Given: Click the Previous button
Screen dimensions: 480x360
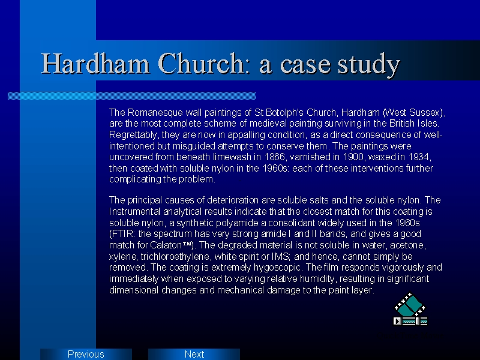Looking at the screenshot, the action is [x=86, y=354].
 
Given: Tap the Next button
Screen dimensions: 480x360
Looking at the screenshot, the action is [x=194, y=354].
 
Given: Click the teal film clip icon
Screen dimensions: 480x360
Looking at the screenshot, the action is [x=410, y=309].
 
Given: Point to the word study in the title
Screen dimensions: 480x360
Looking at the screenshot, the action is [x=369, y=64].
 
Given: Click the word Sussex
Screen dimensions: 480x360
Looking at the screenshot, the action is [x=425, y=113].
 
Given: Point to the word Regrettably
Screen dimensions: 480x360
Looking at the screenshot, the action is [x=133, y=135].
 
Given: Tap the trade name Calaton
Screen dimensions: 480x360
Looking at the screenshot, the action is [x=166, y=245].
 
